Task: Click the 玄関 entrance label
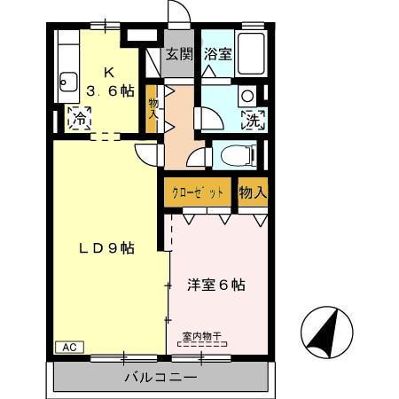179,54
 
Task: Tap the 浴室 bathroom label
218,54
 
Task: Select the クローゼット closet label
198,192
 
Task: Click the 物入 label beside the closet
253,192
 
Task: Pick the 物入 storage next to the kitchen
153,107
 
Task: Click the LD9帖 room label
105,247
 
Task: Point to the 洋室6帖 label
215,286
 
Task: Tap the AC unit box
66,347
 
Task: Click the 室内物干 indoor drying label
202,335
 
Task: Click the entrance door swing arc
178,12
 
